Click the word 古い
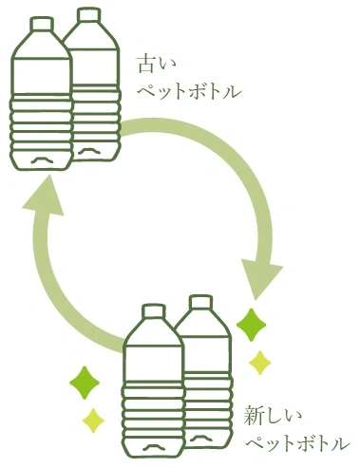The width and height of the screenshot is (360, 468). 156,65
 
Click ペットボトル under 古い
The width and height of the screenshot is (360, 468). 189,92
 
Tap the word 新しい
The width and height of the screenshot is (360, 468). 273,416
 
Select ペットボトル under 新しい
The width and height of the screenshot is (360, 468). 298,444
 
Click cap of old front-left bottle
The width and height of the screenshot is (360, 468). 42,24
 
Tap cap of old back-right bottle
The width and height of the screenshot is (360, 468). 90,15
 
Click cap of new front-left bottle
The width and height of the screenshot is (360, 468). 154,310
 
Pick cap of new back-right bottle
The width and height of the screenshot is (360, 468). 200,302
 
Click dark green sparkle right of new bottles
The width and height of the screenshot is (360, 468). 252,325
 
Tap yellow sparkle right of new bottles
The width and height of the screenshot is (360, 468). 260,363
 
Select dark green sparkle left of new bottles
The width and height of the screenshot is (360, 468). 85,383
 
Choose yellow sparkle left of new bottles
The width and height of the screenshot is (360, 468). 93,421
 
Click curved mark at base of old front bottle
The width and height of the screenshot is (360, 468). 42,159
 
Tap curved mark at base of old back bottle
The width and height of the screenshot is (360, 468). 89,151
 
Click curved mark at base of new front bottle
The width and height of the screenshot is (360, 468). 154,447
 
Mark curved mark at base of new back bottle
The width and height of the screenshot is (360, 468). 200,439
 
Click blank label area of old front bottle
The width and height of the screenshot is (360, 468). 42,76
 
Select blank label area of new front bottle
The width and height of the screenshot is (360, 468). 153,363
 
